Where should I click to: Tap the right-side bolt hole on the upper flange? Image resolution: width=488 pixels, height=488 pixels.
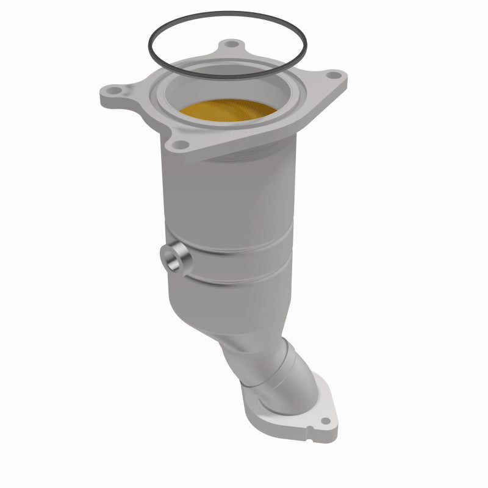point(332,75)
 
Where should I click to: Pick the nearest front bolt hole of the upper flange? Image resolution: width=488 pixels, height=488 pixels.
point(179,144)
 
